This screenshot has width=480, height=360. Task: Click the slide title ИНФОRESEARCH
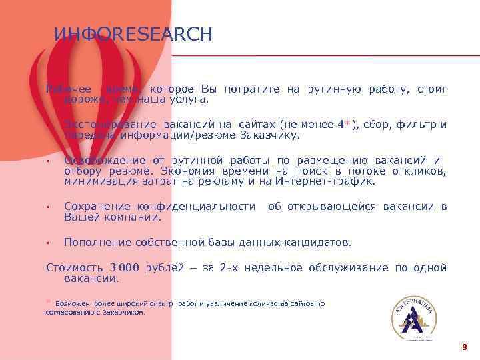pyautogui.click(x=133, y=35)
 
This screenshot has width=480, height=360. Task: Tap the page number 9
pyautogui.click(x=464, y=347)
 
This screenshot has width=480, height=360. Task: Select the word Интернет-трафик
pyautogui.click(x=335, y=181)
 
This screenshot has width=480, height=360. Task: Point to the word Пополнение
pyautogui.click(x=97, y=242)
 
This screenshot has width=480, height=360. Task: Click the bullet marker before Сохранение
pyautogui.click(x=49, y=207)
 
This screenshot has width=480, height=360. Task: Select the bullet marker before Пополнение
pyautogui.click(x=49, y=243)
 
